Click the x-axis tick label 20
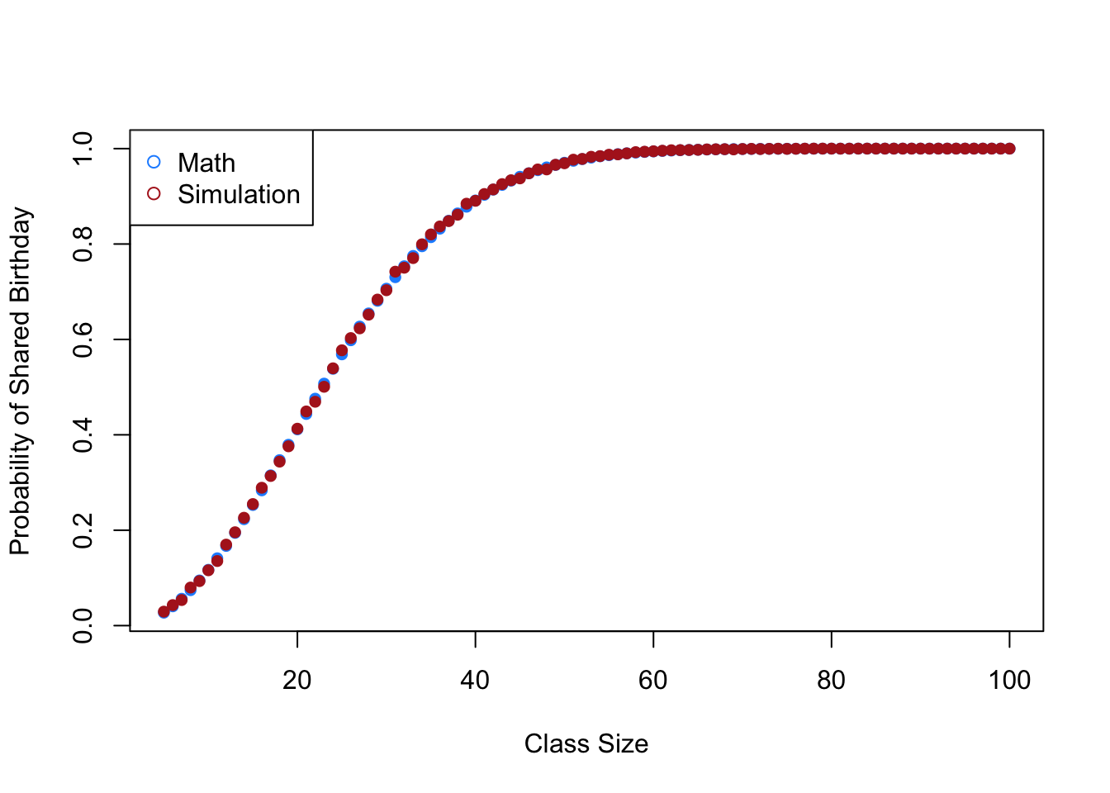click(x=296, y=680)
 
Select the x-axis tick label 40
click(x=475, y=680)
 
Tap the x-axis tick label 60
click(x=653, y=680)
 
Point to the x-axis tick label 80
click(x=831, y=680)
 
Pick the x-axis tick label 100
click(x=1009, y=680)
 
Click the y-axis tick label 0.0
click(x=83, y=625)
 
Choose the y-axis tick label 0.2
click(x=83, y=530)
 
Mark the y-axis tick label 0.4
click(x=83, y=434)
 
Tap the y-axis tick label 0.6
click(x=83, y=340)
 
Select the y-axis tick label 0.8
click(x=83, y=244)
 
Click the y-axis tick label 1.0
click(x=83, y=149)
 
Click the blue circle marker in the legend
click(x=154, y=162)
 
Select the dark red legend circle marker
click(x=154, y=194)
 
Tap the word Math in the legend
click(x=206, y=163)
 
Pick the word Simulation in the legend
click(x=239, y=194)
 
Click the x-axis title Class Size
click(x=586, y=744)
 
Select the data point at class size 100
click(x=1009, y=149)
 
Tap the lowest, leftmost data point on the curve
click(x=164, y=612)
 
